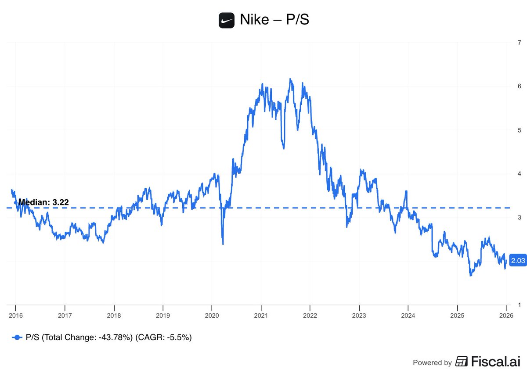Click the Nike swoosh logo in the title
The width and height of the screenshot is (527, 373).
227,20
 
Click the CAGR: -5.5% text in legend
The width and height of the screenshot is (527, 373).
164,337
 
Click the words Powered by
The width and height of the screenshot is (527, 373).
432,362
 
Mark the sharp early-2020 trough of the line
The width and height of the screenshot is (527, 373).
223,244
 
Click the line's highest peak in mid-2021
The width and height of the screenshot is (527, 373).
290,79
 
